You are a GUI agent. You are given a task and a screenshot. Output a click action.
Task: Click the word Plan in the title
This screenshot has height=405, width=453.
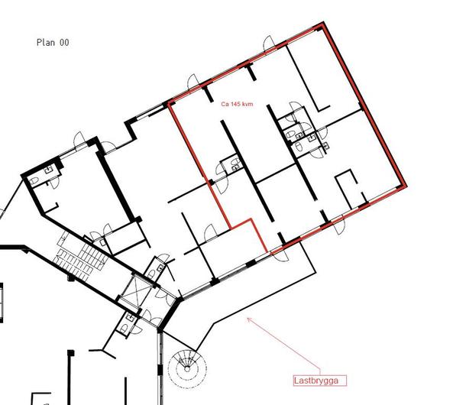point(46,43)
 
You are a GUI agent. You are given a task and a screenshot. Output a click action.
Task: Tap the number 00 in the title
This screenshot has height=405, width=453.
point(64,43)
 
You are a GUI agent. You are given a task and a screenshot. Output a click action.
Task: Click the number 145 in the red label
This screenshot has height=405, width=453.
point(235,104)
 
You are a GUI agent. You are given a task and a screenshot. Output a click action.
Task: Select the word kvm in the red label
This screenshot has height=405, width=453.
point(248,104)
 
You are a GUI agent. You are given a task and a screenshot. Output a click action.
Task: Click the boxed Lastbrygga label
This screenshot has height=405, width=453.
point(320,381)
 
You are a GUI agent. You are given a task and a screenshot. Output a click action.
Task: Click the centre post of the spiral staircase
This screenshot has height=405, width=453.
point(187,369)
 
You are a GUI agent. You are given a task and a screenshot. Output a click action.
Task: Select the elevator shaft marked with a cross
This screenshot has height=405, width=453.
point(135,291)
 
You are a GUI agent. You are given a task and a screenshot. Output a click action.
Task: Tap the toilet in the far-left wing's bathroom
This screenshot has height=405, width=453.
point(34,181)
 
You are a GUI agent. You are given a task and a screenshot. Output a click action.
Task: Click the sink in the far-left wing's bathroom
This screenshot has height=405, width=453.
point(49,170)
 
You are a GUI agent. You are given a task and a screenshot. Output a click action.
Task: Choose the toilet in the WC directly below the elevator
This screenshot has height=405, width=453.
point(123,328)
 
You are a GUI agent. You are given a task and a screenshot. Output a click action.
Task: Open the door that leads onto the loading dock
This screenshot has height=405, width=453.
point(280,255)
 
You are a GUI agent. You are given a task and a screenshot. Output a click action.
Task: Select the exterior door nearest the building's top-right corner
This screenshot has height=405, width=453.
point(270,43)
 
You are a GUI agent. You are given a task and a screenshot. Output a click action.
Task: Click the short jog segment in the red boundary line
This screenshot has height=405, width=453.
point(241,223)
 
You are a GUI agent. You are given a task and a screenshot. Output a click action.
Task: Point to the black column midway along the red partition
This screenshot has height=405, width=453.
point(211,182)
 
